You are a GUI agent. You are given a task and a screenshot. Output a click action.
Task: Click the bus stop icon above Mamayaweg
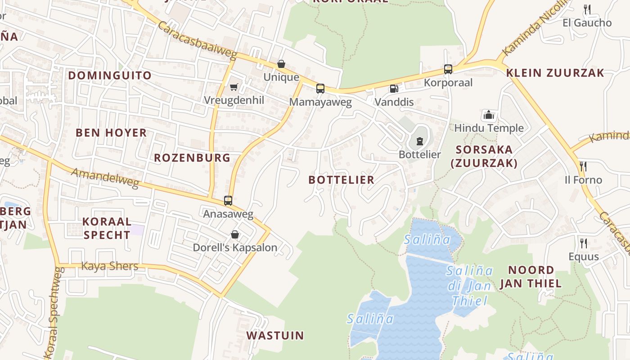[320, 89]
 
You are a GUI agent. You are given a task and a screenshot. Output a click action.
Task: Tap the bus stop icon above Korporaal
[448, 69]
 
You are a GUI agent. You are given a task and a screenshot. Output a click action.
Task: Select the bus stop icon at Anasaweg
[228, 201]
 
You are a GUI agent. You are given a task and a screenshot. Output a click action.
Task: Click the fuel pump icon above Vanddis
[394, 89]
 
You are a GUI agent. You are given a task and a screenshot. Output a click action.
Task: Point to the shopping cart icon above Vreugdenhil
[234, 87]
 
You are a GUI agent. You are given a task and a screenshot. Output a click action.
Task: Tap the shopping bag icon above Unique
[281, 64]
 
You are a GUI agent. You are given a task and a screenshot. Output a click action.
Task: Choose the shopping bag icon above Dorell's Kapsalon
[234, 234]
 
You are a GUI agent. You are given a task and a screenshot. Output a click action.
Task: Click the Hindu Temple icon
[488, 115]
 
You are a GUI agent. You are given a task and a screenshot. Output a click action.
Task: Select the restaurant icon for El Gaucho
[587, 9]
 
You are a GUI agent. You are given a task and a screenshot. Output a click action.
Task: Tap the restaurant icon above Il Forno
[583, 166]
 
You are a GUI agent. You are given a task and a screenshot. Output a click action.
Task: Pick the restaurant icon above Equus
[583, 243]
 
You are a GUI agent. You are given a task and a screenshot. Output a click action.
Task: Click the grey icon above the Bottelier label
[419, 141]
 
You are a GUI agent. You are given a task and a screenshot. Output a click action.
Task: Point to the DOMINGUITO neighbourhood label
[110, 75]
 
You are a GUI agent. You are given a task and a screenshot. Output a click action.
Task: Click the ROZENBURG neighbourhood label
[192, 157]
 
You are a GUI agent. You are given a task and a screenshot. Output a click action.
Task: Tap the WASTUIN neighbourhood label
[275, 335]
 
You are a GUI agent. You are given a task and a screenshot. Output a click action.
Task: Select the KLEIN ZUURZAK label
[555, 73]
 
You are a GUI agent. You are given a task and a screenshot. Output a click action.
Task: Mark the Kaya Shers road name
[109, 266]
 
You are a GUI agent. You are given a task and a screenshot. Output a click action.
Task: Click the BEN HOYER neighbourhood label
[111, 133]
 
